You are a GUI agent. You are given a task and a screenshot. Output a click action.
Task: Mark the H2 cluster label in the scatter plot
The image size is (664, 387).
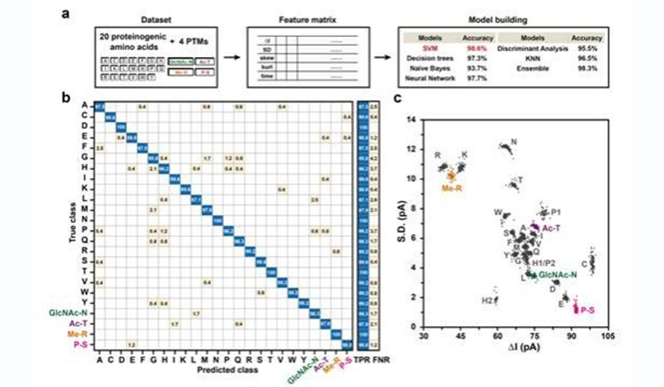pyautogui.click(x=487, y=300)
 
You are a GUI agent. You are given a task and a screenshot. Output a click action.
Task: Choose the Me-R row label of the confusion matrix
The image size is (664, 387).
pyautogui.click(x=79, y=334)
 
